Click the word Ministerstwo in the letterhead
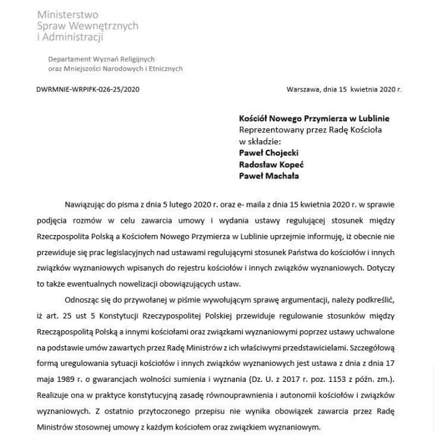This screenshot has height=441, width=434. click(67, 14)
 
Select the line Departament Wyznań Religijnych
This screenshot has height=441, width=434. click(101, 59)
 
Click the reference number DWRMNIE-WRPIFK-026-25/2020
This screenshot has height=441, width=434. click(88, 89)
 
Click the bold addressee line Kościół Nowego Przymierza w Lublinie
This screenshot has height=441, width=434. click(314, 118)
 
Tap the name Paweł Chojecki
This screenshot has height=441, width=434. click(268, 153)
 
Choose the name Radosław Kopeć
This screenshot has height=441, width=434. click(270, 164)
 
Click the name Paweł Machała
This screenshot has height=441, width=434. click(268, 176)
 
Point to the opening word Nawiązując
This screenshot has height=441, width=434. click(86, 205)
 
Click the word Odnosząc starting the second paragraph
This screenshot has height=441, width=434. click(83, 299)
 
